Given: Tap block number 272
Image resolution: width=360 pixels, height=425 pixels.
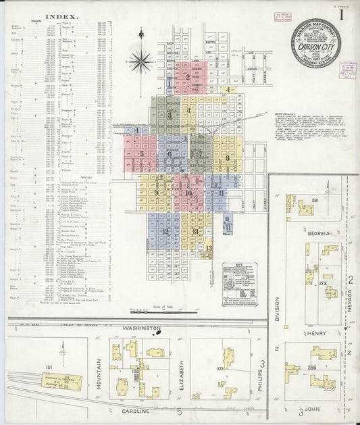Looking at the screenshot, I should (323, 284).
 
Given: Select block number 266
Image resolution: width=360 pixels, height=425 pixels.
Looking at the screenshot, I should (311, 367).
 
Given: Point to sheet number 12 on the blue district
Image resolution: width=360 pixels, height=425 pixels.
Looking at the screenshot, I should (165, 231).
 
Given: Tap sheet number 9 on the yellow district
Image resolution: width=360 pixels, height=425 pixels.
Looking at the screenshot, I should (156, 193).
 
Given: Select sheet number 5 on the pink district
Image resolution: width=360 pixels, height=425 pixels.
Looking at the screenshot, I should (142, 154).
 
